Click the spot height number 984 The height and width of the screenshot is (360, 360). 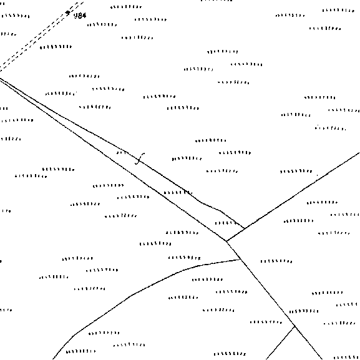(80, 16)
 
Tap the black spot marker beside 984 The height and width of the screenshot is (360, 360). (67, 12)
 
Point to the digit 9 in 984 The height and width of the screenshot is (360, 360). (76, 16)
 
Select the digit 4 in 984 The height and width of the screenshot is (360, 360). (84, 16)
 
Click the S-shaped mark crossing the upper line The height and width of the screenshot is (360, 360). (140, 158)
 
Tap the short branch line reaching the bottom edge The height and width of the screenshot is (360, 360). (281, 343)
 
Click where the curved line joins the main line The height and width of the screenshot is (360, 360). (240, 259)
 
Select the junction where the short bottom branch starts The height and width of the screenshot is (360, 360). (294, 326)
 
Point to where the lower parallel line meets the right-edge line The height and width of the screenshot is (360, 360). (226, 241)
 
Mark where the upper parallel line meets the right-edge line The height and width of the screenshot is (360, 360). (245, 228)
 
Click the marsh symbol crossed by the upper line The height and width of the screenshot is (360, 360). (178, 192)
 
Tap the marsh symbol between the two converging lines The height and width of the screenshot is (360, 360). (225, 223)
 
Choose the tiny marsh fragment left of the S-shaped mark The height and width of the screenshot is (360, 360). (121, 152)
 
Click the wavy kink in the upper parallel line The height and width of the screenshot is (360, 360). (209, 205)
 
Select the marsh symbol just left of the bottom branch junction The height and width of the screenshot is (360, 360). (266, 322)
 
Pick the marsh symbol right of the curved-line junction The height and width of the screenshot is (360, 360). (276, 261)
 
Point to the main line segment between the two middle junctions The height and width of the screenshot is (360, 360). (233, 250)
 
